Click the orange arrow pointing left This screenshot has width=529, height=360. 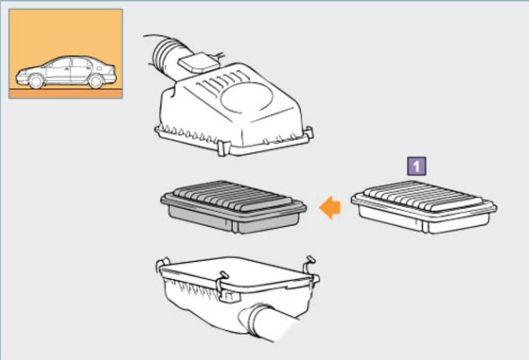click(x=330, y=207)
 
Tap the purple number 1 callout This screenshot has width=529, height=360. click(x=417, y=166)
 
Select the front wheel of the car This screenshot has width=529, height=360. click(x=36, y=81)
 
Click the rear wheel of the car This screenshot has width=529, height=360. click(x=96, y=81)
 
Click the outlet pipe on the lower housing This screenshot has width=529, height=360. click(x=267, y=322)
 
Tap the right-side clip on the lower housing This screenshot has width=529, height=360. click(x=311, y=270)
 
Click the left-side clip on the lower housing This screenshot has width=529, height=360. click(x=163, y=265)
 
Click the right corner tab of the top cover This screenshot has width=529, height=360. click(x=309, y=133)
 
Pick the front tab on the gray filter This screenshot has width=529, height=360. click(x=235, y=226)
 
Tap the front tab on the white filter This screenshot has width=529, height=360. click(x=425, y=226)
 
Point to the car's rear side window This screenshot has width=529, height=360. click(x=80, y=63)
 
